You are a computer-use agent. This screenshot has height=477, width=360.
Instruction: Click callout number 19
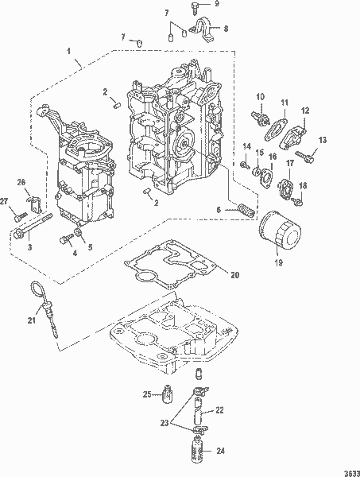click(x=278, y=262)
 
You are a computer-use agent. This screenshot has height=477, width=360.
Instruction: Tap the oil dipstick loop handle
click(x=37, y=289)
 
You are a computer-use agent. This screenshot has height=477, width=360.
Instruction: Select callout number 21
click(x=32, y=320)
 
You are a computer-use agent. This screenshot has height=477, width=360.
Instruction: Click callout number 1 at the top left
click(x=69, y=51)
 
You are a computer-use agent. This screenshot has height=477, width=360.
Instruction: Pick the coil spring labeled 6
click(x=245, y=210)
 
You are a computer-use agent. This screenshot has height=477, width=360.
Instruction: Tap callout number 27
click(x=5, y=202)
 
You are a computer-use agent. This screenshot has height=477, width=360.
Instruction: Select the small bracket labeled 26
click(x=35, y=204)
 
